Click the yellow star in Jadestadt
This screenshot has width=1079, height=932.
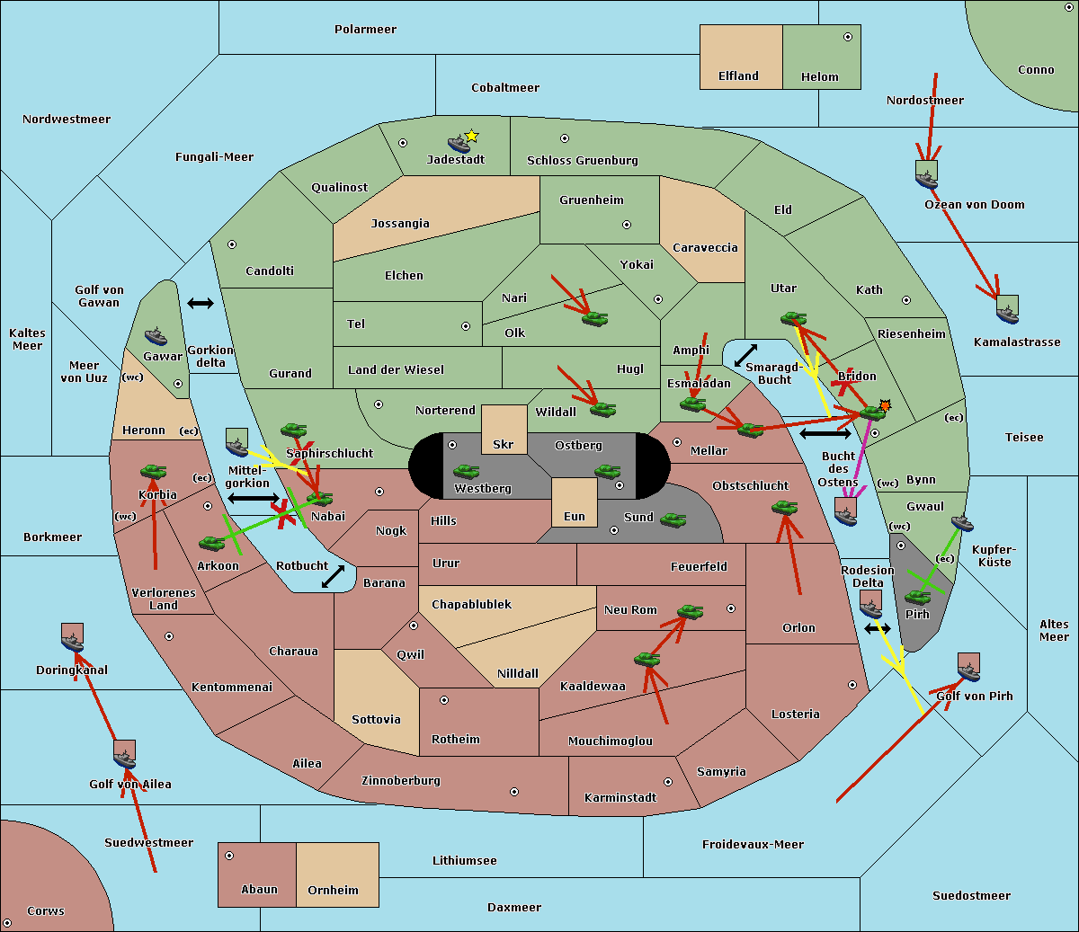(471, 136)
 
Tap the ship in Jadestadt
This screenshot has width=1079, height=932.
(459, 144)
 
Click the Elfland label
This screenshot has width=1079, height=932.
(738, 76)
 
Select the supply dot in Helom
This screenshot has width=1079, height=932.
(847, 37)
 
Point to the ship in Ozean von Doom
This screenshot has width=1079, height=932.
(926, 178)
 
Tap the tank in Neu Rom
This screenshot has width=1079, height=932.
(690, 612)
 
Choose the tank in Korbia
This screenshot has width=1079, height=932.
(154, 471)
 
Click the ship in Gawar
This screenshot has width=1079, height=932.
(156, 337)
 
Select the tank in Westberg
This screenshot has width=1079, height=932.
(466, 471)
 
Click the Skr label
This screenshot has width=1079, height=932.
(503, 444)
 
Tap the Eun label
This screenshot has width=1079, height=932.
(575, 517)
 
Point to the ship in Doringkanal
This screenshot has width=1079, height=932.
(73, 641)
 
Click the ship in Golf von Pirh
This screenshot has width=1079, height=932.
(968, 670)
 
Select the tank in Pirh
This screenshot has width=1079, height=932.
(918, 597)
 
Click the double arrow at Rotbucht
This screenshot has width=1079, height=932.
(333, 576)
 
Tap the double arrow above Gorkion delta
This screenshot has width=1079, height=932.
(201, 304)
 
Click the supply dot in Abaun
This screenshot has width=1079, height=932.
(229, 856)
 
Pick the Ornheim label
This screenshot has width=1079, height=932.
(333, 891)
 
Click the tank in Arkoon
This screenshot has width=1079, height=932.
(211, 543)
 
